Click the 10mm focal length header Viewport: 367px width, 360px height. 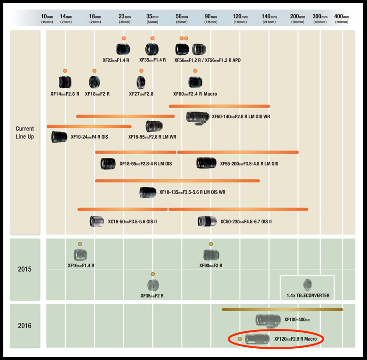click(x=47, y=18)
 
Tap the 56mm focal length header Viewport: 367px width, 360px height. click(x=182, y=18)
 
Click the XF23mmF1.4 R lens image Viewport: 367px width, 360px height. click(x=123, y=49)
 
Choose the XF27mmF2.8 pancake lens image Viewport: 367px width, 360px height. click(x=141, y=83)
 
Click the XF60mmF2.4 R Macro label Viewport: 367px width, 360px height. click(x=196, y=94)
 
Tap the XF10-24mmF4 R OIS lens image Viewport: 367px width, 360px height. click(x=60, y=137)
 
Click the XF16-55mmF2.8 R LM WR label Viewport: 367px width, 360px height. click(x=152, y=137)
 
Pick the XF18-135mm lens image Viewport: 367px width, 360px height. click(x=148, y=192)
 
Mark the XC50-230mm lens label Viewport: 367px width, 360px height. click(x=246, y=221)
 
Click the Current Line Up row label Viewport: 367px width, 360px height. click(x=25, y=133)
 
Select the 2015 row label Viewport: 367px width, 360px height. click(x=25, y=269)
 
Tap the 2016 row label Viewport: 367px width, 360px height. click(x=25, y=325)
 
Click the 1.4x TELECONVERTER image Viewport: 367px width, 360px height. click(x=307, y=285)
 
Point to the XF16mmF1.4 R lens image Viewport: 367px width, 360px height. click(x=80, y=255)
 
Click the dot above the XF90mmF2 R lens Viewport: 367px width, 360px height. click(x=211, y=244)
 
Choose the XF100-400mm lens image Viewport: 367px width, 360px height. click(x=268, y=320)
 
